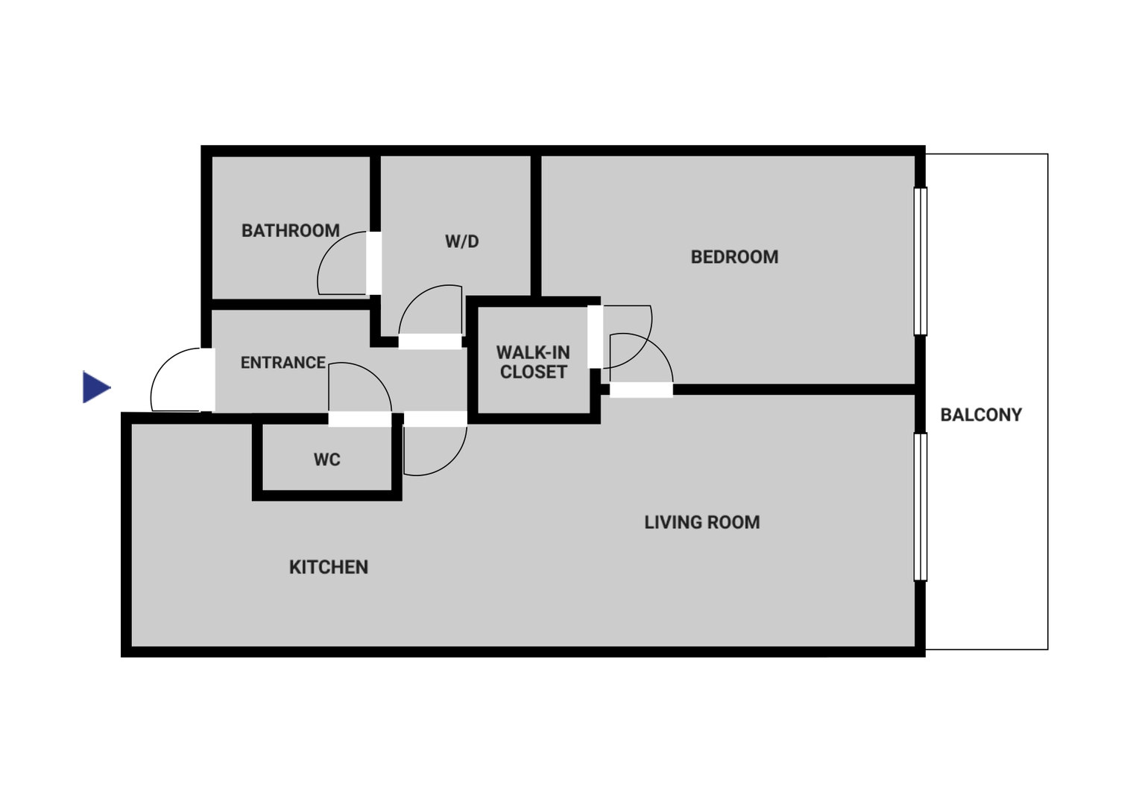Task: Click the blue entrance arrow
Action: coord(96,387)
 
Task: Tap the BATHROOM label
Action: coord(291,231)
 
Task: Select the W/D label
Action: coord(462,241)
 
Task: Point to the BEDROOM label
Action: coord(734,257)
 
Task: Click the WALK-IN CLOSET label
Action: coord(533,362)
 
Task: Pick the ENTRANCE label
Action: coord(283,363)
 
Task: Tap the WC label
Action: coord(326,460)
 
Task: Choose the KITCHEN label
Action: coord(328,567)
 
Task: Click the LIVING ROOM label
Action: coord(702,523)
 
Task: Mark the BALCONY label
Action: coord(981,415)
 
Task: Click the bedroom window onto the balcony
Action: coord(921,261)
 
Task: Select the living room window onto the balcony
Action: coord(921,507)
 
